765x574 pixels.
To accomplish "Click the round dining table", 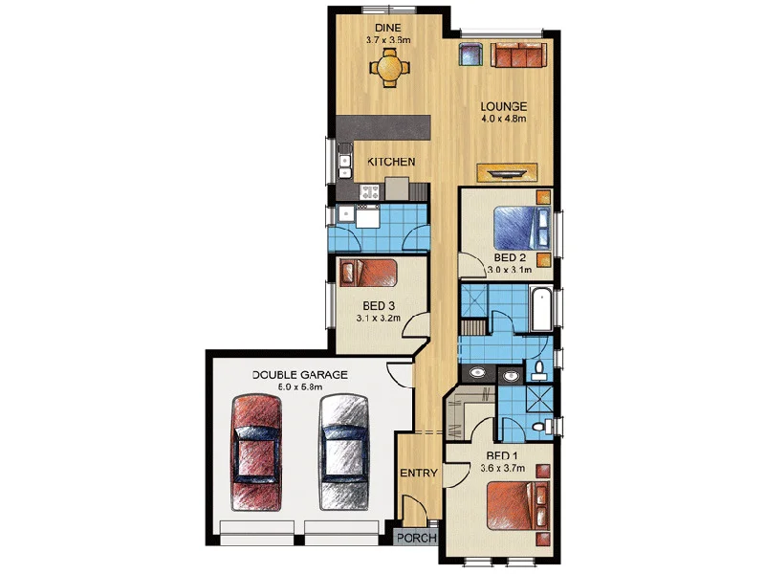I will [x=388, y=68].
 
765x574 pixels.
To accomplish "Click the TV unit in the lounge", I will [x=507, y=173].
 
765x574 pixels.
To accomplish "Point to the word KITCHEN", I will [x=391, y=163].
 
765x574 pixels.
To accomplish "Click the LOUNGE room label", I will [x=505, y=106].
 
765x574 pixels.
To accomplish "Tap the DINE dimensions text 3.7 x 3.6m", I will [x=388, y=41].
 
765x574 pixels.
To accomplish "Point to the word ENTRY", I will [x=419, y=473].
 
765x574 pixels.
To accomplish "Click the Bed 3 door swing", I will [x=414, y=325].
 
